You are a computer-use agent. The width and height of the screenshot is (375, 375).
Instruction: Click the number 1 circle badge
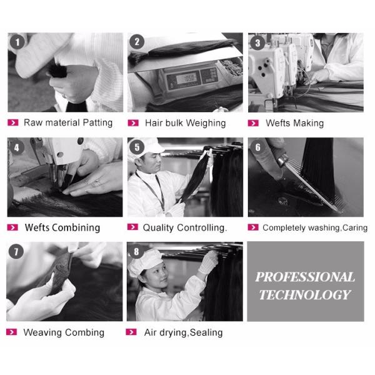17,42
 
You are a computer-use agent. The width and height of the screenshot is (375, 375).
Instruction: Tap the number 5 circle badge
137,147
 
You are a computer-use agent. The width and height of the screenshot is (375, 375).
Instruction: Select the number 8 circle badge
136,251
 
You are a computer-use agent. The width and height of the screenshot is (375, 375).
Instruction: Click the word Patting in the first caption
97,123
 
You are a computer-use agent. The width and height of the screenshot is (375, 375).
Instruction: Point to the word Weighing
206,123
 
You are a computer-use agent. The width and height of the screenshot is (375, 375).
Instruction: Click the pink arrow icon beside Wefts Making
253,123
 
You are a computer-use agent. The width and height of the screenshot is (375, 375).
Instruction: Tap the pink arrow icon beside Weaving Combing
11,332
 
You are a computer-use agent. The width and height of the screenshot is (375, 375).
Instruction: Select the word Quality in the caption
158,228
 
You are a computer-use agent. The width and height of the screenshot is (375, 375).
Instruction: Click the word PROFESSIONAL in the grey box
305,277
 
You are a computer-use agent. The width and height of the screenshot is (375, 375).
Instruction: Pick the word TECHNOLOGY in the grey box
305,294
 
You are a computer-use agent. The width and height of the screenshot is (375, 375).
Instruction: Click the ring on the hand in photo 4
97,183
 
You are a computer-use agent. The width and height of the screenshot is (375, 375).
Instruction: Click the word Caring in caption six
355,228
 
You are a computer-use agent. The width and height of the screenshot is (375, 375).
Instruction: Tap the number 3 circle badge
257,42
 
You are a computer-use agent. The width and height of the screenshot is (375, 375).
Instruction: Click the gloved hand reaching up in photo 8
207,262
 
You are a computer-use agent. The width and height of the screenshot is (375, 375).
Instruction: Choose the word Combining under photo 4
76,227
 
